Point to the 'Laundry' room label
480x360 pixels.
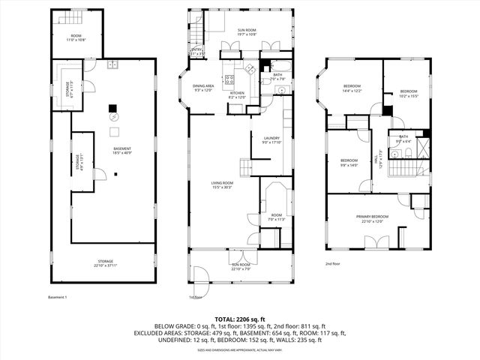(271, 139)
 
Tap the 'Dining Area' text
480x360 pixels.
(204, 87)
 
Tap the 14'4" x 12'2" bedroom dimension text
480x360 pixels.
(352, 91)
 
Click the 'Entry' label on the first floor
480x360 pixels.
(197, 52)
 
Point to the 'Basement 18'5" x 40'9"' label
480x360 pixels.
(122, 152)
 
